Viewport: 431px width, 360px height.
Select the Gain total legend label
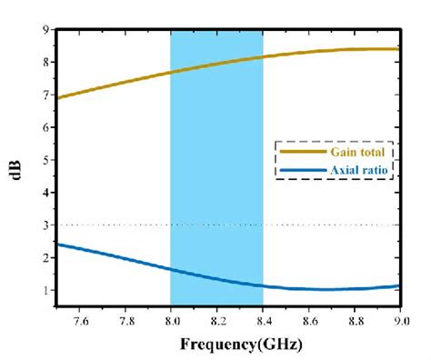click(x=360, y=152)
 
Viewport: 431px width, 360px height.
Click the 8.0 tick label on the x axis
click(x=171, y=321)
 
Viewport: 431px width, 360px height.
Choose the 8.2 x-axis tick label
click(x=216, y=321)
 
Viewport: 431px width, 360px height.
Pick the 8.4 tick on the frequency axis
click(x=263, y=321)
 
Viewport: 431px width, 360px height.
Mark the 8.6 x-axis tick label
click(x=308, y=321)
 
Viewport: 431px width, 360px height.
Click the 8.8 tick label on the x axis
click(x=354, y=321)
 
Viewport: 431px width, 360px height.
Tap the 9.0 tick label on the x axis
click(x=398, y=321)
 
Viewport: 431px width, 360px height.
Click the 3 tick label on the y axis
click(x=45, y=225)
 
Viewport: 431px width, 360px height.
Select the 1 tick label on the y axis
click(x=45, y=291)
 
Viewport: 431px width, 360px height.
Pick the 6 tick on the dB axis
click(x=45, y=127)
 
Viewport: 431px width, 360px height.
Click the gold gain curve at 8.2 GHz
click(x=216, y=63)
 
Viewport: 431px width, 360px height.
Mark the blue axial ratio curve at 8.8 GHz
click(x=354, y=288)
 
